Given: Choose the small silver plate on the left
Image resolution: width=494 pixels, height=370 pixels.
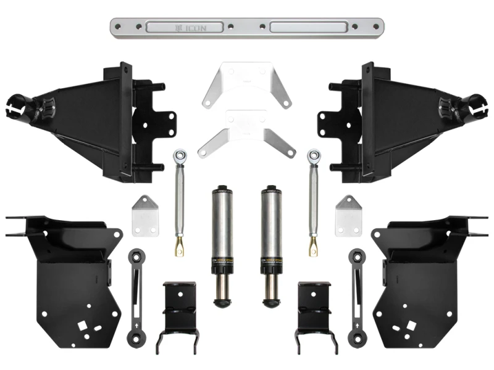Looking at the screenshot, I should point(143,215).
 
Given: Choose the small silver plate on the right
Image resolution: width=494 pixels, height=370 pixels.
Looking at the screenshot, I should point(348,215).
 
